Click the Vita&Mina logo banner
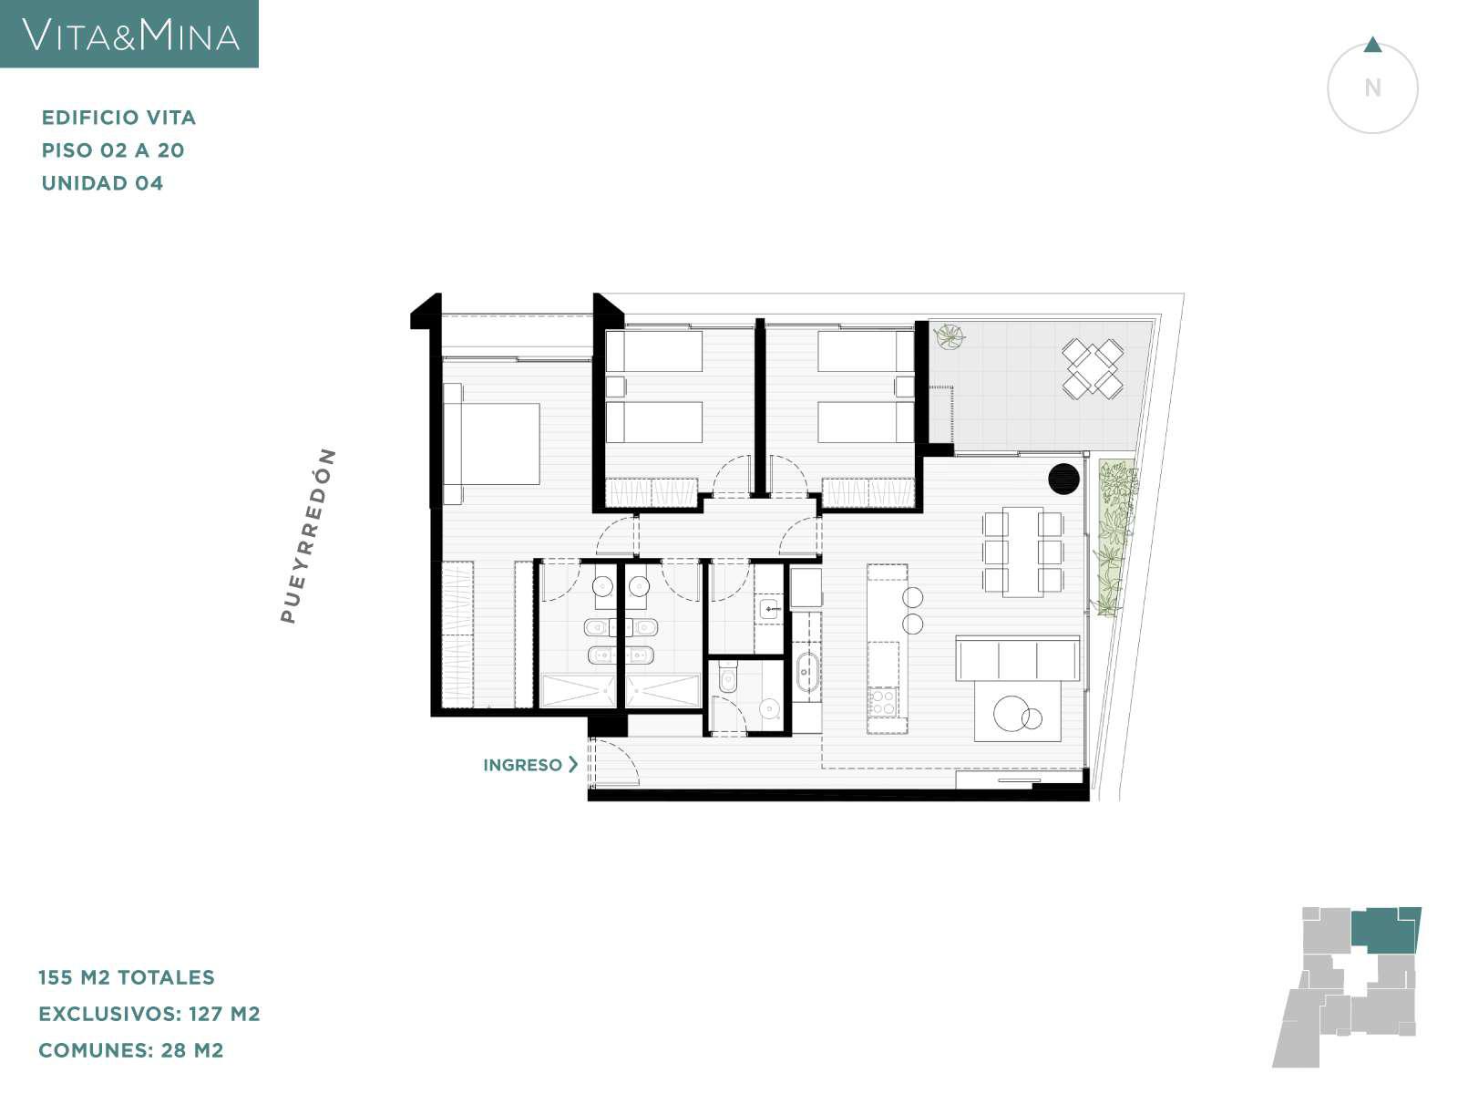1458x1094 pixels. point(128,33)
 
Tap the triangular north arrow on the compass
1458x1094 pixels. point(1372,46)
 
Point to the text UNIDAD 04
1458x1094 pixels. point(102,183)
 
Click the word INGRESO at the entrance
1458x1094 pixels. point(522,765)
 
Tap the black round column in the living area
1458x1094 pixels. point(1063,479)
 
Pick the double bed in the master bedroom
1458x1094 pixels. point(491,444)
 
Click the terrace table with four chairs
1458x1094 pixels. point(1093,368)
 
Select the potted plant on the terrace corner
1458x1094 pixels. point(950,336)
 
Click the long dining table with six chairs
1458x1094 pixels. point(1023,552)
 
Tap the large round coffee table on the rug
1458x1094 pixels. point(1011,714)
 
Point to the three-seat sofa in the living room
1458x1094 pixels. point(1018,657)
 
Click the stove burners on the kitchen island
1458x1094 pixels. point(883,702)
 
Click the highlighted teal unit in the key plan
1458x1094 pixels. point(1386,929)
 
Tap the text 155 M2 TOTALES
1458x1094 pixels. point(127,977)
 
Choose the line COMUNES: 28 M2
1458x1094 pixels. point(131,1051)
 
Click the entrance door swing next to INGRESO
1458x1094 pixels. point(615,764)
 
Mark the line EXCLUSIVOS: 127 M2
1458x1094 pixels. point(149,1015)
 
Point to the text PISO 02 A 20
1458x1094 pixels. point(113,150)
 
